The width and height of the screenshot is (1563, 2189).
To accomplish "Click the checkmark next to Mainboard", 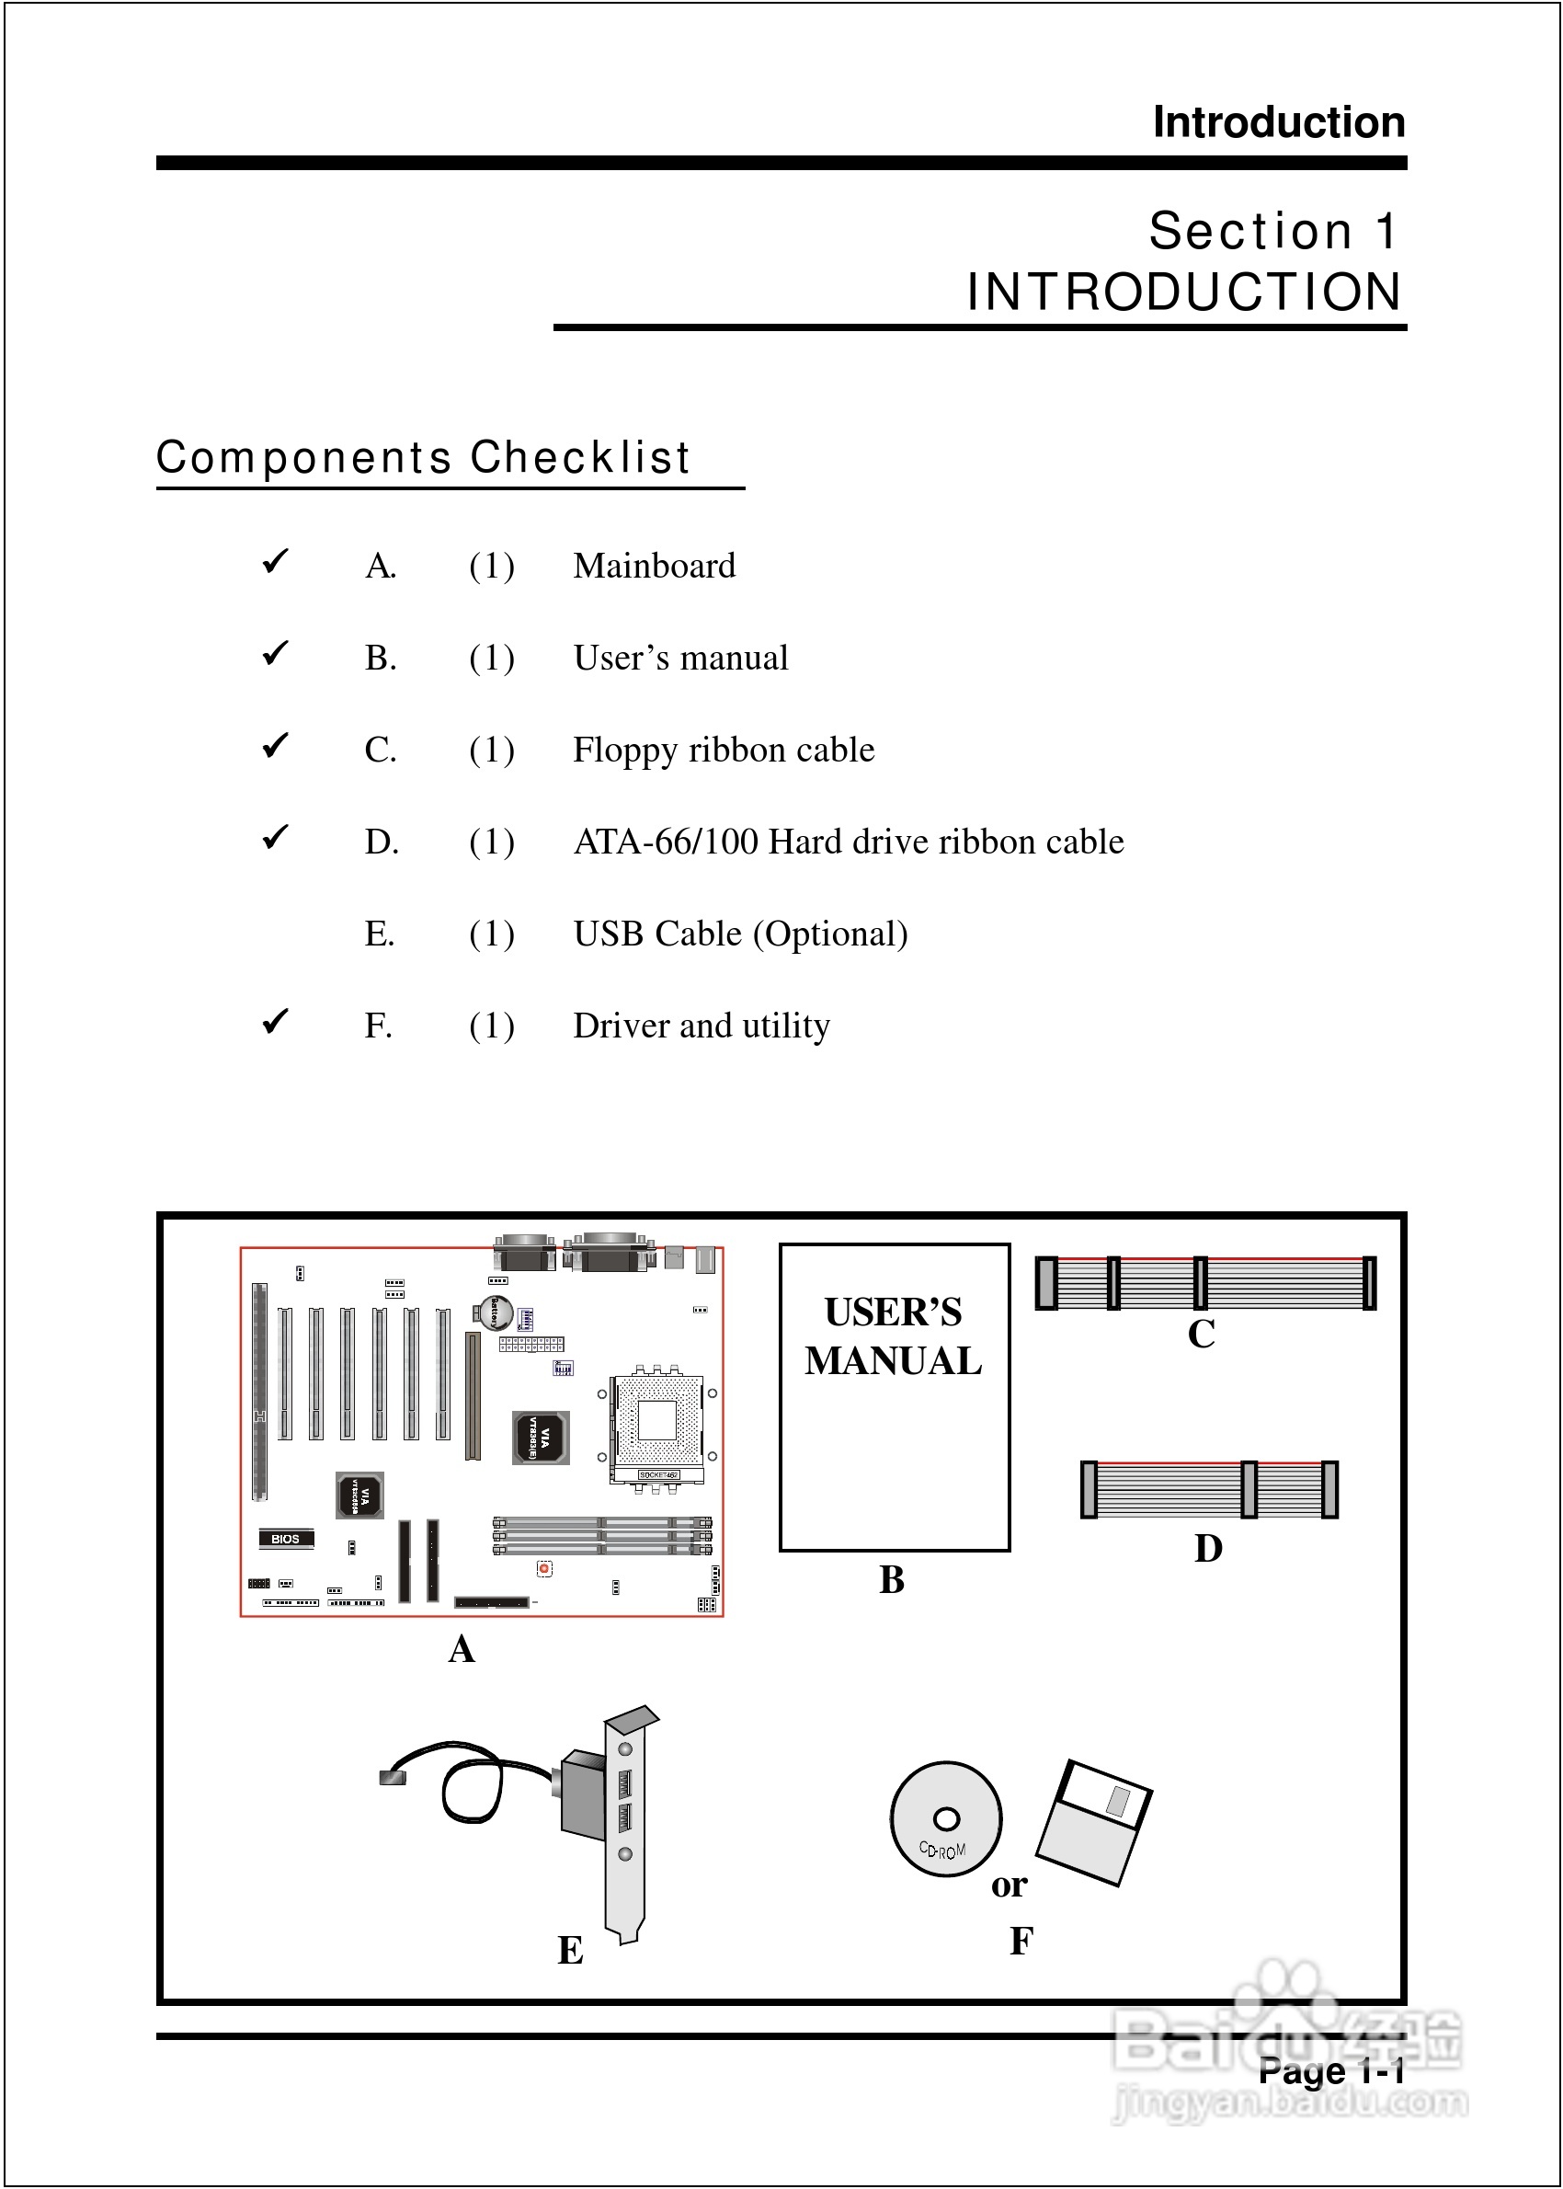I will pyautogui.click(x=275, y=560).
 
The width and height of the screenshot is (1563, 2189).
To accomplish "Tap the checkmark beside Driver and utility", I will pyautogui.click(x=275, y=1020).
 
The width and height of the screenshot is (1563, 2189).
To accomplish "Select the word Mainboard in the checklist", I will pyautogui.click(x=654, y=566).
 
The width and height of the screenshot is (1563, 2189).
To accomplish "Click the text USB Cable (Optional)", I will pyautogui.click(x=740, y=934).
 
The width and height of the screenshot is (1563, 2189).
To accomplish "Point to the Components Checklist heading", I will pyautogui.click(x=423, y=457).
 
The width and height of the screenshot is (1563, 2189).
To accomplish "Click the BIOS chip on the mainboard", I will pyautogui.click(x=286, y=1538).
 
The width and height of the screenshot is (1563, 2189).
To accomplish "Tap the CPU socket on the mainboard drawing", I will pyautogui.click(x=658, y=1419).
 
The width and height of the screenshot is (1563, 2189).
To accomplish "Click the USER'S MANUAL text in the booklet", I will pyautogui.click(x=893, y=1336).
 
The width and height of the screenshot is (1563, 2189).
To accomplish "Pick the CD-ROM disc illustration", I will pyautogui.click(x=945, y=1818).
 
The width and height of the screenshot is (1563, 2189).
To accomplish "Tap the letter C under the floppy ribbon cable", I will pyautogui.click(x=1201, y=1335).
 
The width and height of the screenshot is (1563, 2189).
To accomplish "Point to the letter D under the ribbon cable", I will pyautogui.click(x=1208, y=1549).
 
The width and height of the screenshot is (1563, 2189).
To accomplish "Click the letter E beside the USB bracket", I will pyautogui.click(x=570, y=1950).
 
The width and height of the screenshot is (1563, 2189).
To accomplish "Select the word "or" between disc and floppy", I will pyautogui.click(x=1010, y=1885).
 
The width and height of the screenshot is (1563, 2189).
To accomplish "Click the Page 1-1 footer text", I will pyautogui.click(x=1331, y=2071).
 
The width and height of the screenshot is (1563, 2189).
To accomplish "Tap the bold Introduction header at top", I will pyautogui.click(x=1278, y=122).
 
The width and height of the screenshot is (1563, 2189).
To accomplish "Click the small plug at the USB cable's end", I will pyautogui.click(x=393, y=1776).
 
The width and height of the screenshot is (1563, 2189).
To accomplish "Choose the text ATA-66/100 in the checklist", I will pyautogui.click(x=665, y=842).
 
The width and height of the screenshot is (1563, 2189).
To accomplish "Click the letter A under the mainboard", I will pyautogui.click(x=462, y=1649).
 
